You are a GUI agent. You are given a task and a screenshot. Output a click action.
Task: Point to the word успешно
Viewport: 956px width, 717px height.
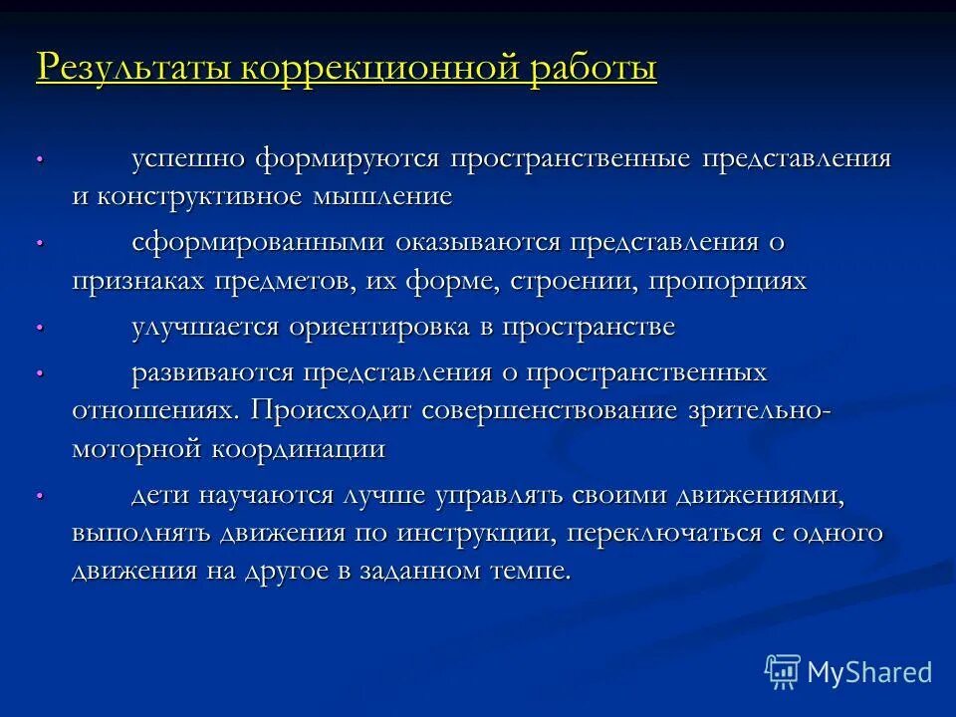(188, 158)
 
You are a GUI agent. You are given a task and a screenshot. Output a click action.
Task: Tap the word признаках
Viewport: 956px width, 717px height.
(138, 281)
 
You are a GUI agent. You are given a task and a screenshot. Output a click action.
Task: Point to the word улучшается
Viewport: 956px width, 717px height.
(205, 328)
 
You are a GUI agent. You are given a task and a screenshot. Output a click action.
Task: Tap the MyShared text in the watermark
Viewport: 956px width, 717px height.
(869, 672)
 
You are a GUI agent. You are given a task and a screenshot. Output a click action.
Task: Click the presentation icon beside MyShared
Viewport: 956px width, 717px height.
(783, 672)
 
